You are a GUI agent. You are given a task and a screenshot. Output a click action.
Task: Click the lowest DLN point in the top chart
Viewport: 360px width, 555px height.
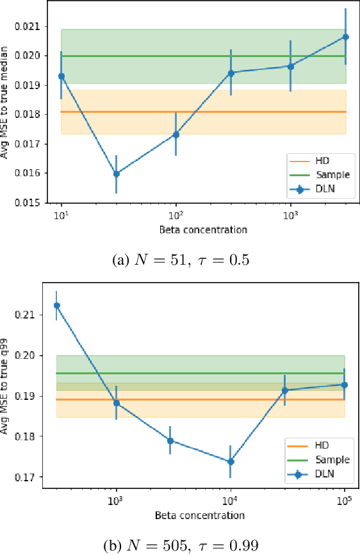click(116, 174)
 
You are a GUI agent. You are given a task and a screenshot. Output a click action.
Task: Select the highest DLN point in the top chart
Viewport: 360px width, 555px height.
click(345, 37)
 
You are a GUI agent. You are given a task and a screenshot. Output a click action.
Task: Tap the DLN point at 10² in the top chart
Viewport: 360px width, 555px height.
click(176, 134)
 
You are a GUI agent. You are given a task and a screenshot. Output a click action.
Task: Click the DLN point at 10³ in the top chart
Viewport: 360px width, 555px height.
click(290, 66)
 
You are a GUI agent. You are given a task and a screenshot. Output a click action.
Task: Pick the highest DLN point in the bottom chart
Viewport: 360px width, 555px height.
click(57, 305)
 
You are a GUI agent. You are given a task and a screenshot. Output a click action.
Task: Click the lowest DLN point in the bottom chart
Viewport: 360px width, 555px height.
click(231, 461)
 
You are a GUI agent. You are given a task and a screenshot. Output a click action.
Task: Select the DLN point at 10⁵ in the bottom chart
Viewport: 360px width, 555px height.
click(345, 385)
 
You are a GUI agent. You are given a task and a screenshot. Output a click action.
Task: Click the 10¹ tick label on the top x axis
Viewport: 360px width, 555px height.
click(61, 217)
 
